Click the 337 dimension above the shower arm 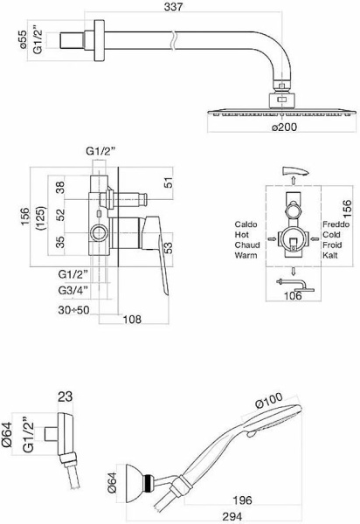point(173,7)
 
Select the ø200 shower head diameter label point(284,127)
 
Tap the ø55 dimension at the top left point(23,39)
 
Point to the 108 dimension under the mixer point(132,320)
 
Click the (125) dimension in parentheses point(43,217)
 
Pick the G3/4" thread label point(73,291)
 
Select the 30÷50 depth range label point(74,310)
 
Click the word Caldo point(246,224)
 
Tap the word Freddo point(336,224)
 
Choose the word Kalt point(330,255)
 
